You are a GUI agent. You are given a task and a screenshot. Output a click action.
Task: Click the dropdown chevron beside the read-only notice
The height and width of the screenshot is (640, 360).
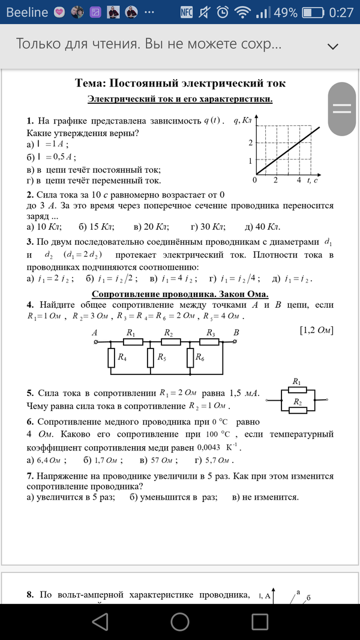tap(332, 46)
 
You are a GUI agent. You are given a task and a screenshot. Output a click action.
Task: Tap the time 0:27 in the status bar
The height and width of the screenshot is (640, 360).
tap(341, 12)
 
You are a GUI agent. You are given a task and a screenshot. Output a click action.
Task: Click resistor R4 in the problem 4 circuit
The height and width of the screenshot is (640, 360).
tap(111, 357)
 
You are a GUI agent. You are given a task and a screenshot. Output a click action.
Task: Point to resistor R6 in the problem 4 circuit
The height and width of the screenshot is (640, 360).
tap(191, 357)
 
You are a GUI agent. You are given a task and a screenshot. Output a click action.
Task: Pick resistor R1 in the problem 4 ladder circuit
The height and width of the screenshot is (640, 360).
tap(133, 341)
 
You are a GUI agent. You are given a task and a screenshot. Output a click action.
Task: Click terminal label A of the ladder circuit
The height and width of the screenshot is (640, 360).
tap(95, 332)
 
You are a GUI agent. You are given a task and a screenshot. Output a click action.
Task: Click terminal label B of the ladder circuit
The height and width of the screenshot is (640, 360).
tap(236, 332)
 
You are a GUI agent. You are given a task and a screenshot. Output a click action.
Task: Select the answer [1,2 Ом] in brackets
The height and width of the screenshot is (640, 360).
tap(316, 330)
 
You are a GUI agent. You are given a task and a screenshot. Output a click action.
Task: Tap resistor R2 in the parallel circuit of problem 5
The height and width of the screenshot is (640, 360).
tap(297, 409)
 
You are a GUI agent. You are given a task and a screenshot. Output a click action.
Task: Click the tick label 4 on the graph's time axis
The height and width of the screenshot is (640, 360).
tap(298, 180)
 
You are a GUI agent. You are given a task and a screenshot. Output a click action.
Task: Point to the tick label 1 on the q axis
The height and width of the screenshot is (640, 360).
tap(250, 160)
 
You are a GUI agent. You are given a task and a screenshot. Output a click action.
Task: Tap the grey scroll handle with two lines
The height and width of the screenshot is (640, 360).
tap(341, 108)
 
